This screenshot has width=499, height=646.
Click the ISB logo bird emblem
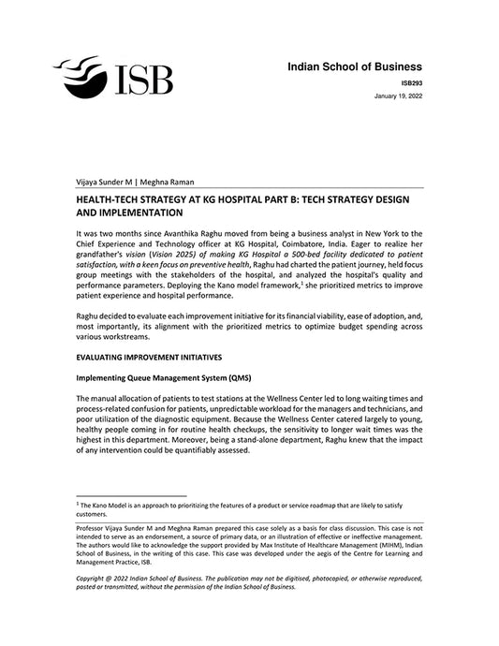click(83, 74)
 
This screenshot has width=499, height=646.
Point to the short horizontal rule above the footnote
click(131, 496)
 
